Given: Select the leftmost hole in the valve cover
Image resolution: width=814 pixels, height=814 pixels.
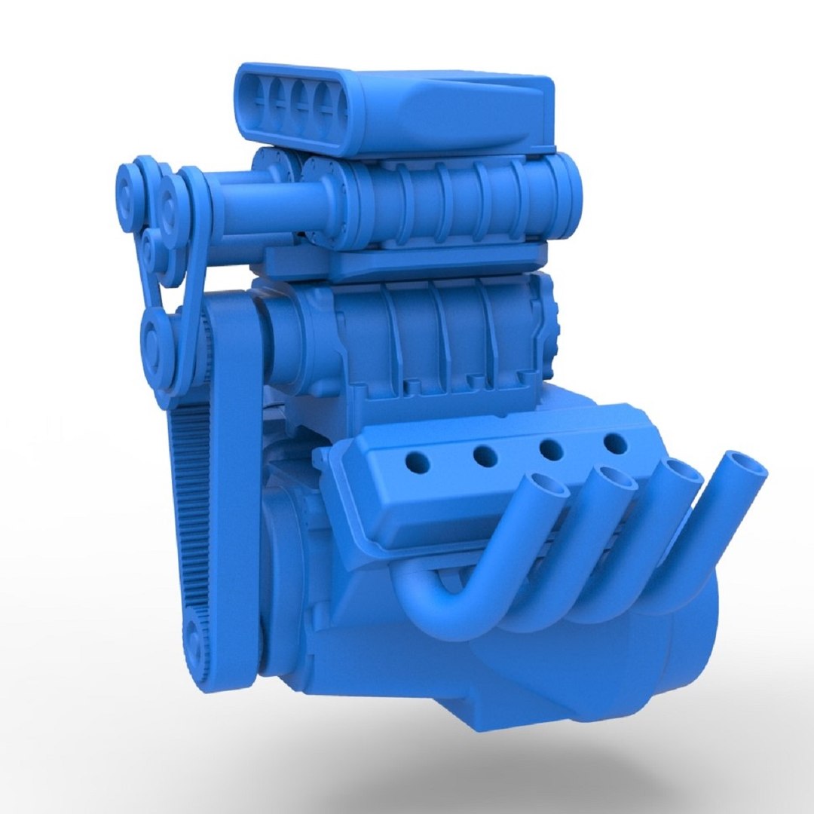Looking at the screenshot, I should pos(419,461).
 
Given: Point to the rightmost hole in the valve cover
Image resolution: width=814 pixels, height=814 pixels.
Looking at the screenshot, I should pos(616,444).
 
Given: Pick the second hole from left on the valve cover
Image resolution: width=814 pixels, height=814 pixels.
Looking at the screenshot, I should pos(485,455).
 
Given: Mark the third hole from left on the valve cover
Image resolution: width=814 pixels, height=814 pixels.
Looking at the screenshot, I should pos(551,450).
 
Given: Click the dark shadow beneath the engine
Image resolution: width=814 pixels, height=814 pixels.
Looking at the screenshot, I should pos(528,754).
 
